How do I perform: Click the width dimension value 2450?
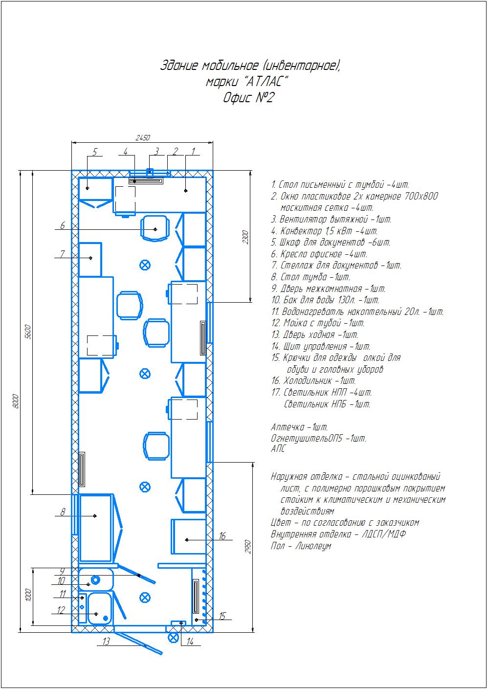(143, 137)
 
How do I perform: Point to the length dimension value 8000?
(16, 401)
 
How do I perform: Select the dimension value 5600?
(28, 332)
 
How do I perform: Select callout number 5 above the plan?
(95, 152)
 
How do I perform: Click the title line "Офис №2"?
(248, 98)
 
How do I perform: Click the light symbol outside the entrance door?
(173, 637)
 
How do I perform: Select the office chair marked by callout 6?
(155, 228)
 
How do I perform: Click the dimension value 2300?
(245, 237)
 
